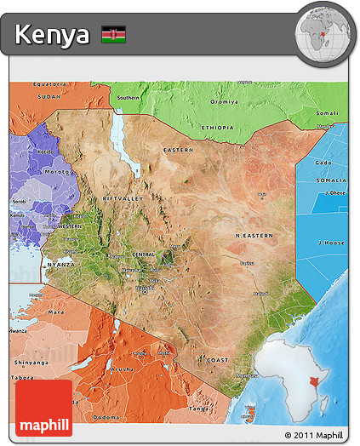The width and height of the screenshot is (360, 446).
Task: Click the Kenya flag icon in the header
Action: coord(113,35)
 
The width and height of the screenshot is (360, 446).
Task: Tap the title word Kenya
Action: coord(52,35)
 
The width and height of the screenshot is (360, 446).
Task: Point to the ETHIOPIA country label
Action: coord(217,128)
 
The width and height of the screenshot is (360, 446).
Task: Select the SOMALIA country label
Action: coord(332,180)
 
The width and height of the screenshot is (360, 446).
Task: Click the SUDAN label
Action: coord(49,97)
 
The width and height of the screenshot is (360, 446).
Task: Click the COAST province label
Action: coord(217,361)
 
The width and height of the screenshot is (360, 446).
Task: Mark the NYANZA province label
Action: coord(54,265)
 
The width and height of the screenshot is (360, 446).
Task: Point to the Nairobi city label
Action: coord(144,288)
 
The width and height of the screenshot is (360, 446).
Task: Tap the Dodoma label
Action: coord(106,417)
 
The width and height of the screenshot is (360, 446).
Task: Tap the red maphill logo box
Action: coord(43,408)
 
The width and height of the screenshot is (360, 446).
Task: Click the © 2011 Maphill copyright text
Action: coord(315,436)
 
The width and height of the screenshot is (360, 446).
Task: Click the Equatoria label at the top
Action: coord(49,84)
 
